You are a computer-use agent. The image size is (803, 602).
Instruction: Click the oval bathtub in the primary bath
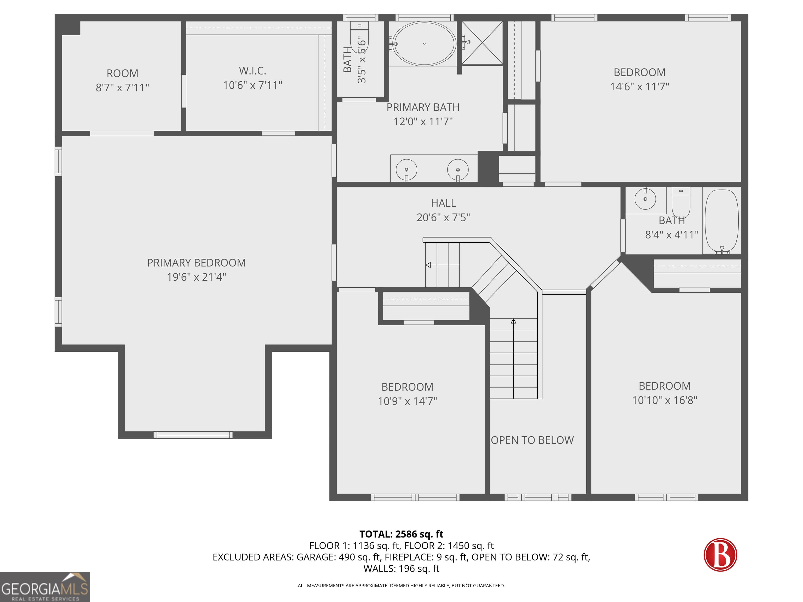click(424, 44)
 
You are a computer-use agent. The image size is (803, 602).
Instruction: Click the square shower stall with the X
click(482, 43)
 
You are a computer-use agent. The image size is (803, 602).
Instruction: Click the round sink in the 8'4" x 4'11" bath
click(645, 199)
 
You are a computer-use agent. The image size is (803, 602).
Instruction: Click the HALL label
click(443, 203)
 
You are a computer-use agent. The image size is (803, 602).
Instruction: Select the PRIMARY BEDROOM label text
click(196, 263)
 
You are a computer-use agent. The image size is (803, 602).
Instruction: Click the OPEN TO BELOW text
click(532, 440)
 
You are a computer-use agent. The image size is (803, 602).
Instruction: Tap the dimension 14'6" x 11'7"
click(640, 87)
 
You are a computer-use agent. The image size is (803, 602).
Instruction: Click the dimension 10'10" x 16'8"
click(665, 400)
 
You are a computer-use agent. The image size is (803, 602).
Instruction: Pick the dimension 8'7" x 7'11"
click(122, 88)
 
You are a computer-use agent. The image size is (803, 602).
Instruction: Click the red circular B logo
click(720, 555)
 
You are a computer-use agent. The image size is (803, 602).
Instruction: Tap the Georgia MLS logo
click(45, 587)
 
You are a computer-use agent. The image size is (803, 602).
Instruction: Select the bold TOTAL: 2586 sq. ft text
click(401, 534)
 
